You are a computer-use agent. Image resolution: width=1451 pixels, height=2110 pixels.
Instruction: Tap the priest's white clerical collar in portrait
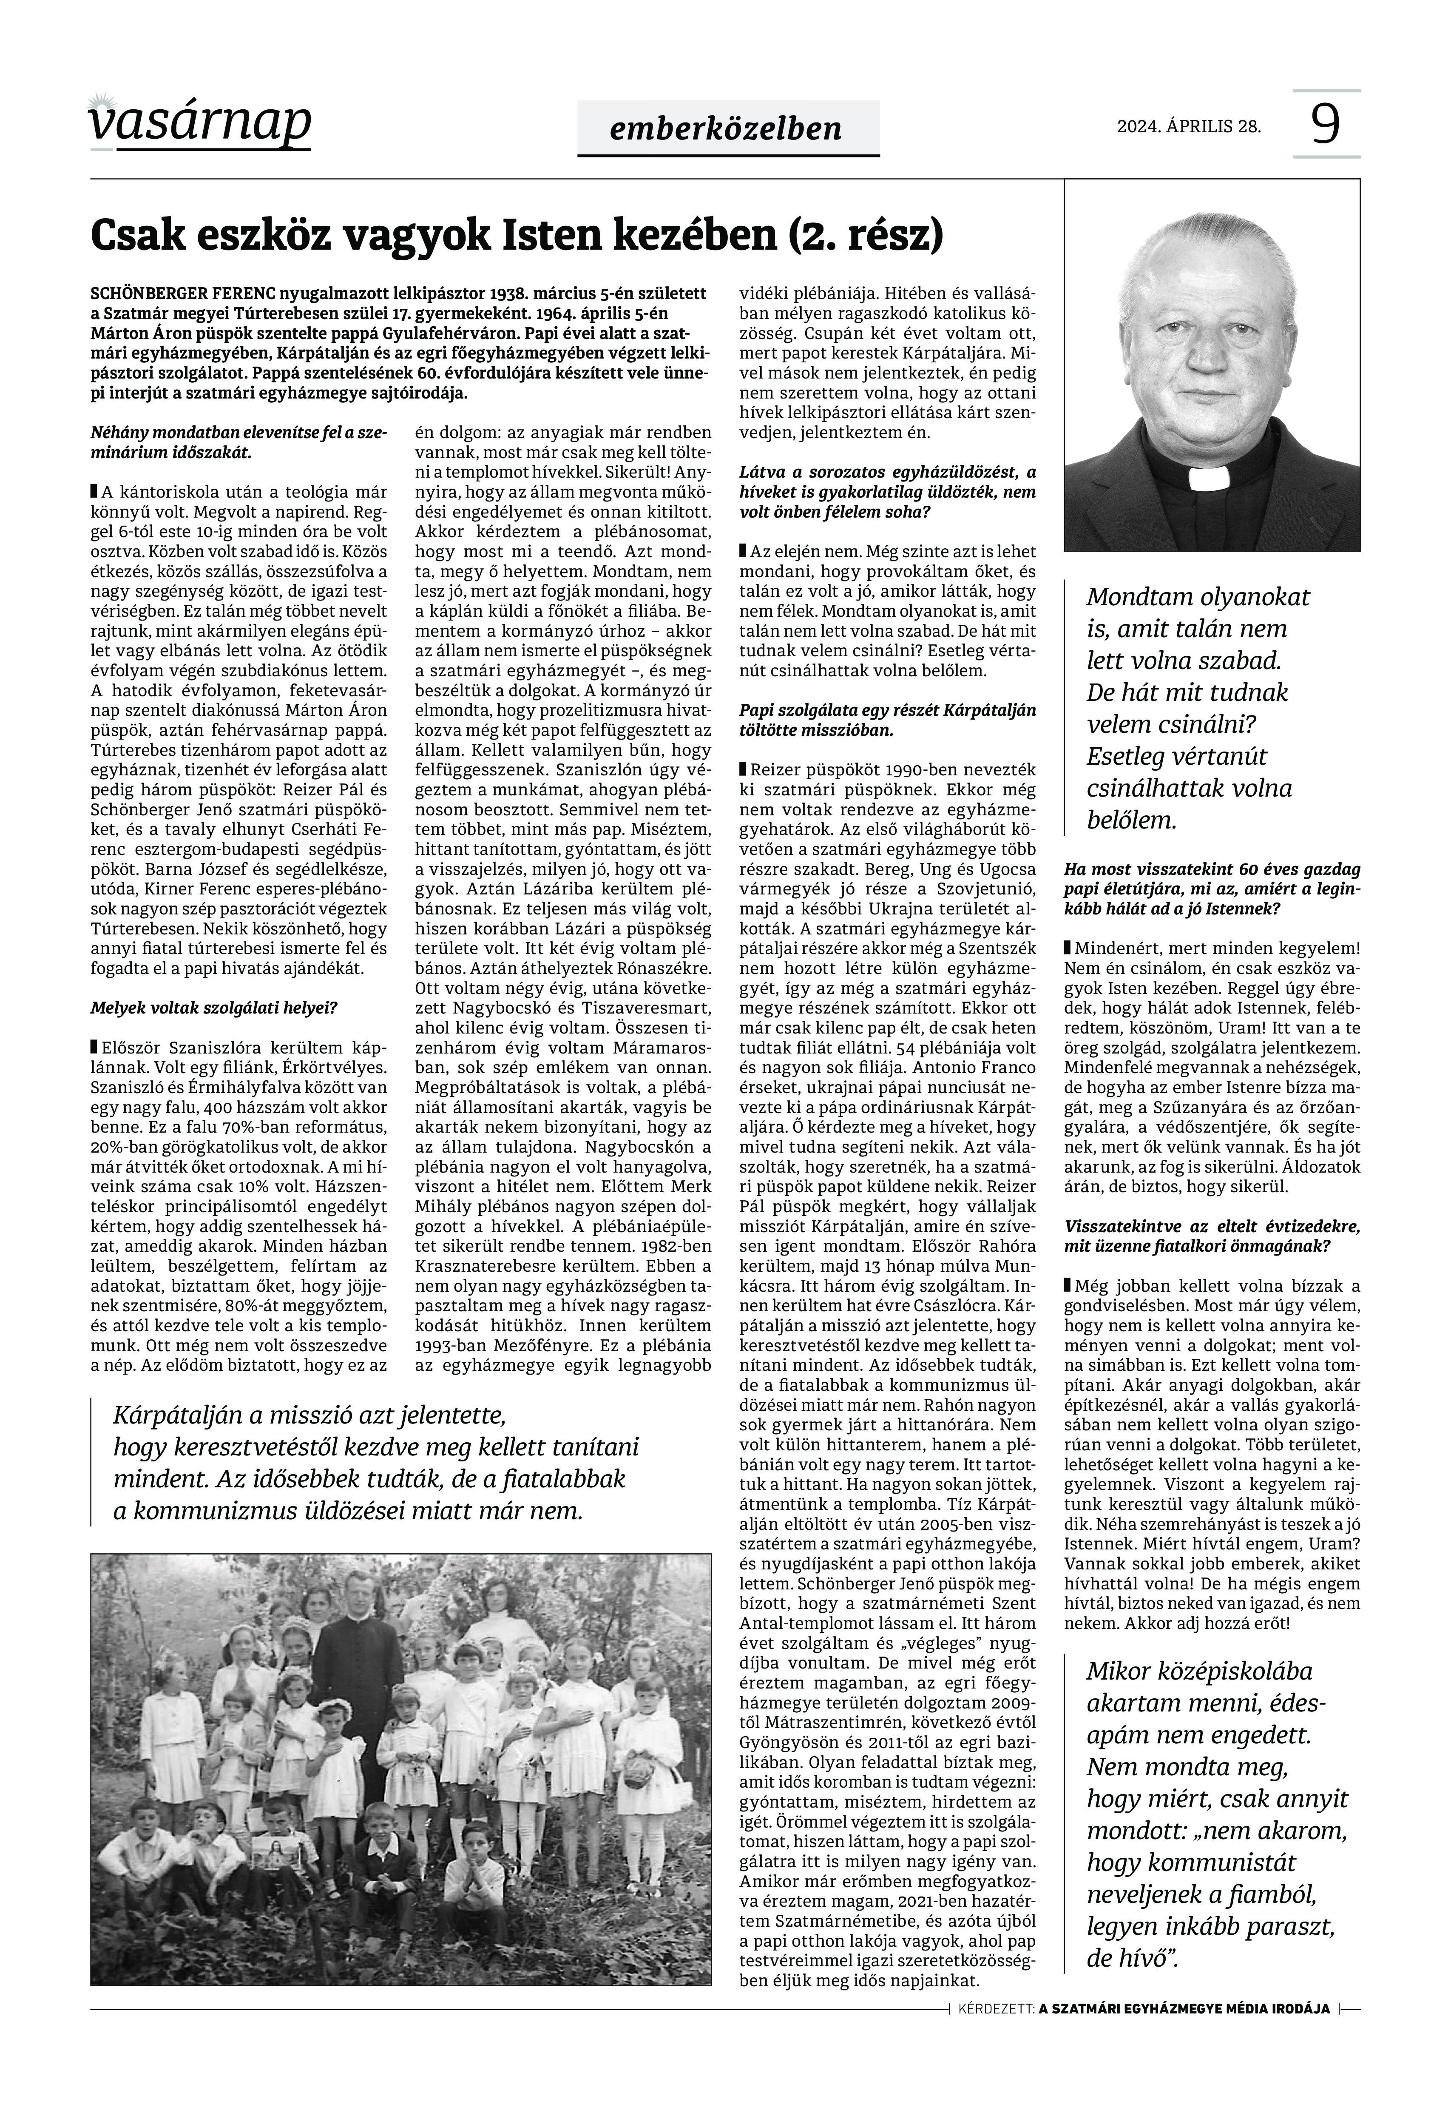(1208, 478)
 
